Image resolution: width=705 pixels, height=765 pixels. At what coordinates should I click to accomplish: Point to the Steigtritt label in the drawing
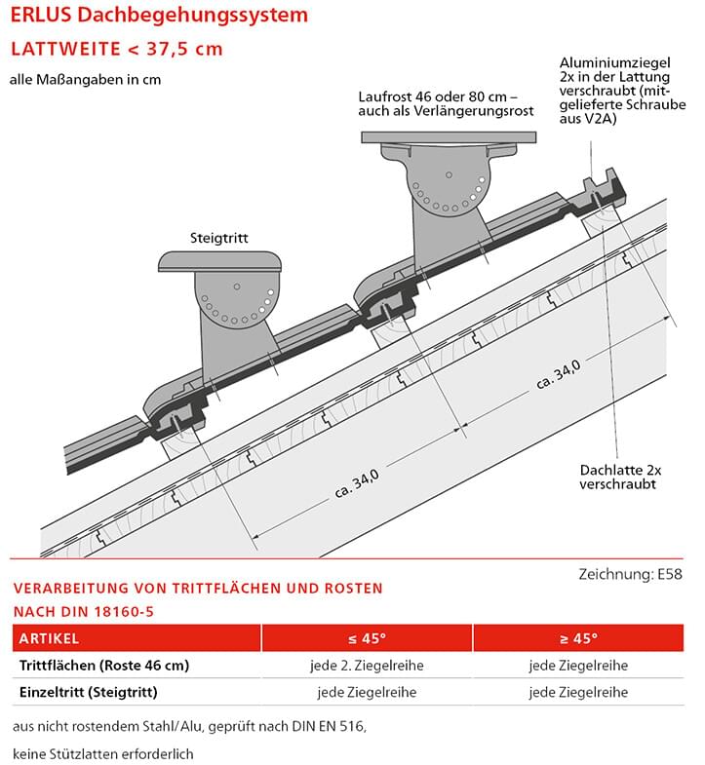220,237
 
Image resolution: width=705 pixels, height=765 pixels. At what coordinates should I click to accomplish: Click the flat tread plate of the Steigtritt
220,261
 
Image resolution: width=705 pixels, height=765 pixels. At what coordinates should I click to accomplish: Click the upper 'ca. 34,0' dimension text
558,373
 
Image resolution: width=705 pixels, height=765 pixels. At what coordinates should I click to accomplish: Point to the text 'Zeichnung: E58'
630,574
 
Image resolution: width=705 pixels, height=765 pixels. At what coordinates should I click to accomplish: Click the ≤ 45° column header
367,639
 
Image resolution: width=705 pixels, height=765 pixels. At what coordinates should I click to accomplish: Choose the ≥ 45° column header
578,639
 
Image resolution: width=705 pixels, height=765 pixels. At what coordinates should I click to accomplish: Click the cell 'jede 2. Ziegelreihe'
367,666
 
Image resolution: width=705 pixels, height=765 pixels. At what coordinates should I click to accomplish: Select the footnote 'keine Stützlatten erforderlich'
104,753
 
